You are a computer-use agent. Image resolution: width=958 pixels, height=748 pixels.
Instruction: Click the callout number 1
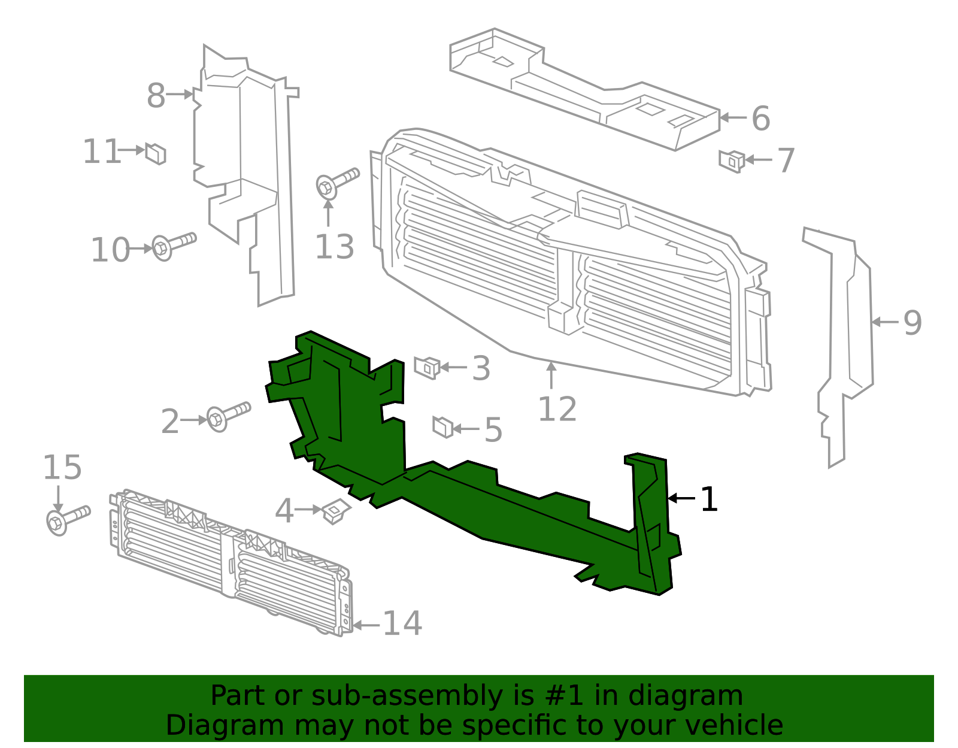709,499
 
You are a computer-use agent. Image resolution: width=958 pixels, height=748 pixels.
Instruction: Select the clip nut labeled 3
427,367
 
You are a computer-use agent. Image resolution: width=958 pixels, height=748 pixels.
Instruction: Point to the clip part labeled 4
335,511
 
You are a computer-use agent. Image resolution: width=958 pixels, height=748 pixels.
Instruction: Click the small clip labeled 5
442,427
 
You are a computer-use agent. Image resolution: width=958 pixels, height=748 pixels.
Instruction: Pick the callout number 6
760,119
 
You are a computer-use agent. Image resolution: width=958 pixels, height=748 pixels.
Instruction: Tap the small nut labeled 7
732,160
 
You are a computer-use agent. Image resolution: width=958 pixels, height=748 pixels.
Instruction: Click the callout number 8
156,96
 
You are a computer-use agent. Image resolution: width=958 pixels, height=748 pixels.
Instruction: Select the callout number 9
912,323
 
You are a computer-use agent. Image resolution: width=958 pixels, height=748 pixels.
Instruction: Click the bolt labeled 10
174,246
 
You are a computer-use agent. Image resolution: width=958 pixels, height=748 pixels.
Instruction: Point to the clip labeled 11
156,153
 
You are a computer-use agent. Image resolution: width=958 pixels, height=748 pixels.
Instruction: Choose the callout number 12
557,410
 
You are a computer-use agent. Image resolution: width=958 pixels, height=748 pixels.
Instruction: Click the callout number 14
402,624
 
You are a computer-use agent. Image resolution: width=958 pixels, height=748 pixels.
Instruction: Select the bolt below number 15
67,519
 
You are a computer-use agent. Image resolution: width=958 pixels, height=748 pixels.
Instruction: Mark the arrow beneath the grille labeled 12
551,375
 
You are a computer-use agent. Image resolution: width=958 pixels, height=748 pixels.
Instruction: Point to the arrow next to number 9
884,322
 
